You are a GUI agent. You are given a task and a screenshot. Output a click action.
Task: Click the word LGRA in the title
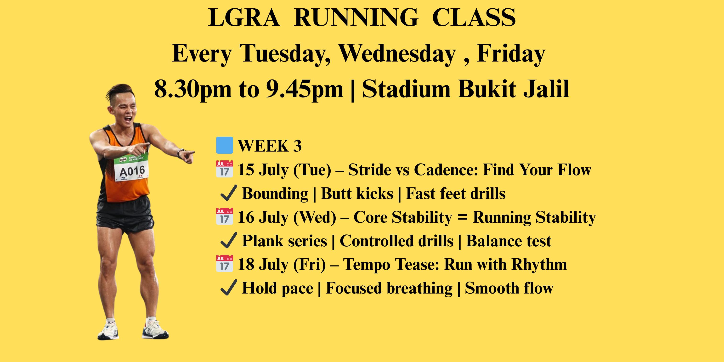coord(244,17)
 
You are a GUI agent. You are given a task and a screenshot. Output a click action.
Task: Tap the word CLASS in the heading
coord(474,17)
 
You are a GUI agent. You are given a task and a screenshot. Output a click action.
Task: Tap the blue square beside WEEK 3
coord(224,145)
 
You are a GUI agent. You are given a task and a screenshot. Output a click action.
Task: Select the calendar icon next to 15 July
coord(224,169)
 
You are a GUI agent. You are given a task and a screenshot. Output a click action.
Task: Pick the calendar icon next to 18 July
coord(224,264)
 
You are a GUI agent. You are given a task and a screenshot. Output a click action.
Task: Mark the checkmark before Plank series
coord(228,240)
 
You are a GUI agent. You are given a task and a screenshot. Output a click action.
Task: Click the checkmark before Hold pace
coord(228,288)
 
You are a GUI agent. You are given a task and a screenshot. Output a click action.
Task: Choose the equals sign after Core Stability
coord(463,217)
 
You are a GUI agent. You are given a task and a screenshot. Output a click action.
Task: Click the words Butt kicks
coord(357,193)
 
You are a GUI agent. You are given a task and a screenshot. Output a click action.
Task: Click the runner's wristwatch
coord(180,153)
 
